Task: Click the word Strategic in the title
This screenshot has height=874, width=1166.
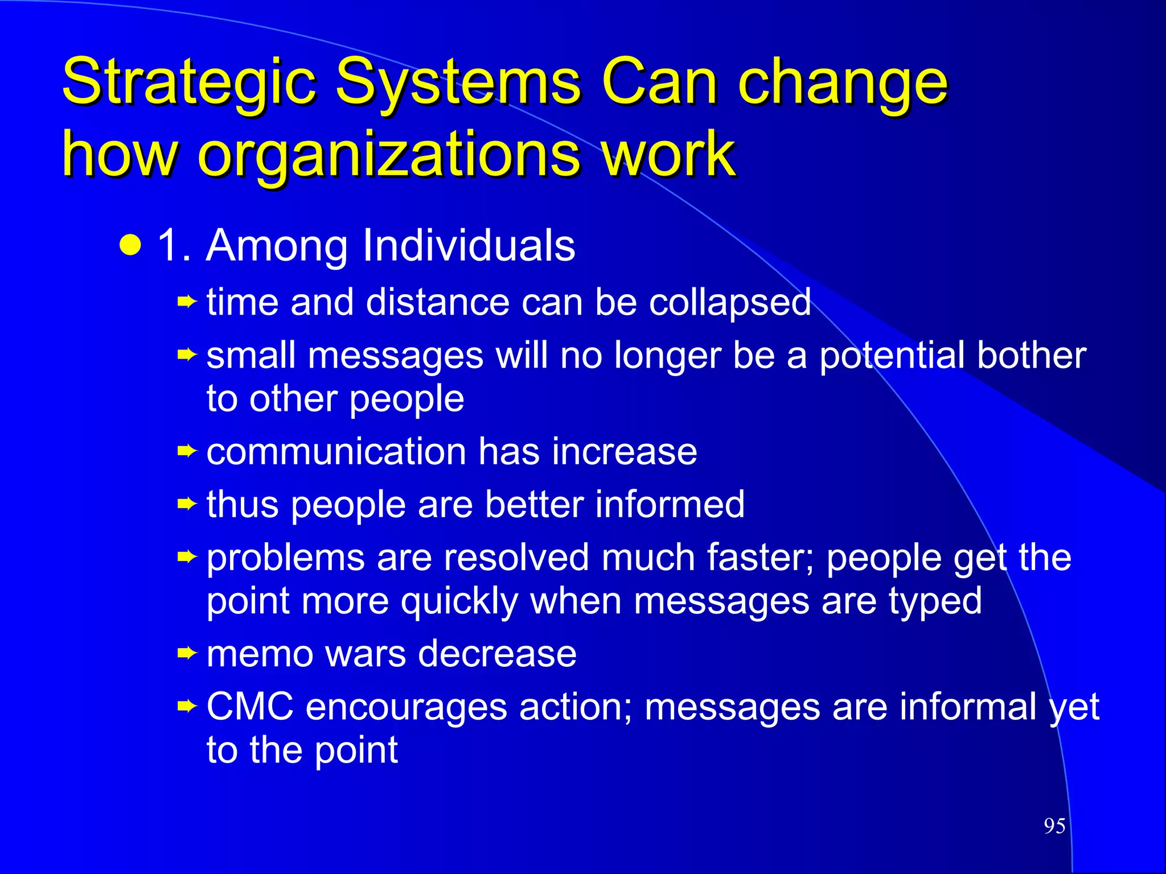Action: [x=188, y=83]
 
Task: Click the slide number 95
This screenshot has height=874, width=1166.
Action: [x=1054, y=826]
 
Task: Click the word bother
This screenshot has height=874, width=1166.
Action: [x=1031, y=355]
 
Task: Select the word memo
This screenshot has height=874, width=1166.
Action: [x=260, y=654]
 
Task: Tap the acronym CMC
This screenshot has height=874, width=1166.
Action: [x=250, y=707]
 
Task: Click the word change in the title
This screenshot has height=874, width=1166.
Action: [x=843, y=83]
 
